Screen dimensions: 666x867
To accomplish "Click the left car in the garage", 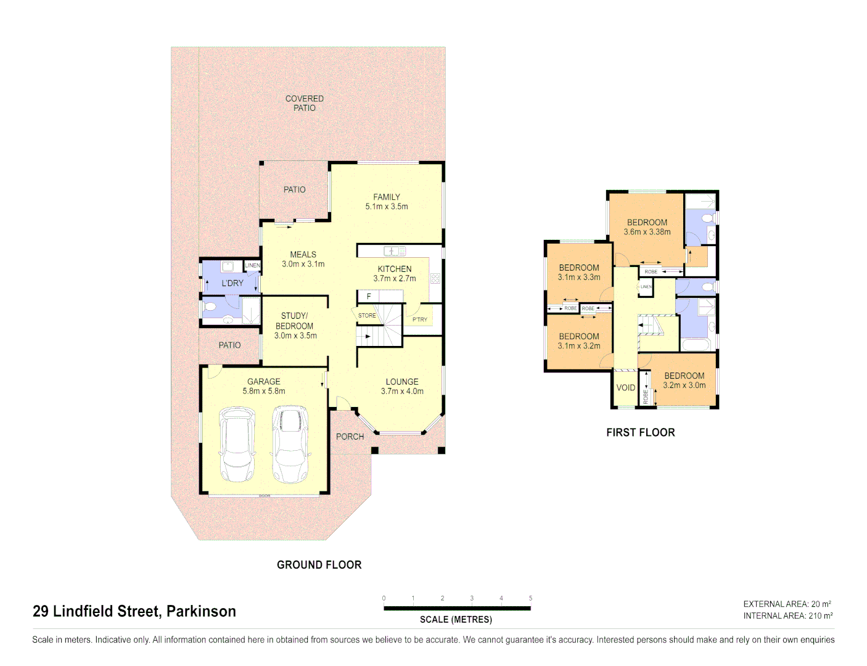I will (x=237, y=443).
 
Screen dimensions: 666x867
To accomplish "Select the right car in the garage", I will (x=290, y=443).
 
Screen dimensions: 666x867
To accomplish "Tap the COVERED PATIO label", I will (x=304, y=103).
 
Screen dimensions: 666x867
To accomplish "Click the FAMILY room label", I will (x=386, y=197).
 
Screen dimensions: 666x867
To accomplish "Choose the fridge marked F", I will (x=369, y=297).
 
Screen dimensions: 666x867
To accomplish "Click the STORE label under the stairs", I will (x=367, y=316).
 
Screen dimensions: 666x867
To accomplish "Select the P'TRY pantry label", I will (x=420, y=319).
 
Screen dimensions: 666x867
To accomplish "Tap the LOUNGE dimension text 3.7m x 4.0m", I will (x=402, y=391).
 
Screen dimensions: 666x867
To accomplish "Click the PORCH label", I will (x=350, y=437).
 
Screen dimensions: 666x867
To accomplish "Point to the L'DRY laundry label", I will (x=232, y=283).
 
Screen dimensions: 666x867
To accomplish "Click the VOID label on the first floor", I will (x=625, y=388).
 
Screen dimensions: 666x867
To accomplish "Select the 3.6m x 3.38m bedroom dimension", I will (x=647, y=232).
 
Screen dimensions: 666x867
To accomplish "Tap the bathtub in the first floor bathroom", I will (x=696, y=345).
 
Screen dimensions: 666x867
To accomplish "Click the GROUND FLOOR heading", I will (x=319, y=565).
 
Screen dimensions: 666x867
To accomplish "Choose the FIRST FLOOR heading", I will (x=640, y=433).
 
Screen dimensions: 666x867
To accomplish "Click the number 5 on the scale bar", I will (x=530, y=598).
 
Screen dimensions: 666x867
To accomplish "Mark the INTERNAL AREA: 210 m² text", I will (x=787, y=616).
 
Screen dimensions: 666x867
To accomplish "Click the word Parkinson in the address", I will (x=201, y=611).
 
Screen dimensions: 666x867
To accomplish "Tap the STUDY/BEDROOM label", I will (x=295, y=321).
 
